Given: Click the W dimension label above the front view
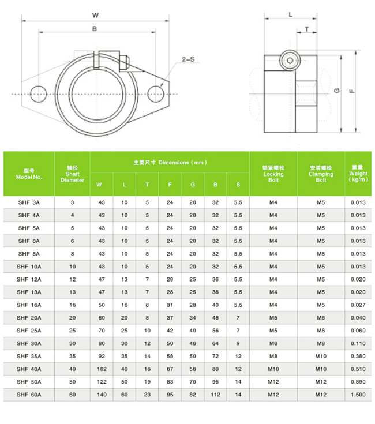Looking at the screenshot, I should [95, 15].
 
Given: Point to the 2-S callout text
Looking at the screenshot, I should [188, 59].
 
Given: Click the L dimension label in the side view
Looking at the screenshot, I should [290, 15].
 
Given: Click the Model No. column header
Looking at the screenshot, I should [29, 174].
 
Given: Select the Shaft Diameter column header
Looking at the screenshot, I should [72, 174].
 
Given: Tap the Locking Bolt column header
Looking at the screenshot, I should [273, 174].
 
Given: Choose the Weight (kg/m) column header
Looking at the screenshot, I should [358, 174].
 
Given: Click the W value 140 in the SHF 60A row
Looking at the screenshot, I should [102, 395].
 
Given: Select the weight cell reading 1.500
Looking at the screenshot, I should [358, 395].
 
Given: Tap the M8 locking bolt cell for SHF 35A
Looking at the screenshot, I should [273, 356].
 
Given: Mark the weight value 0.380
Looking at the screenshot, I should [358, 356].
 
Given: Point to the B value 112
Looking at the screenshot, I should [215, 395].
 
